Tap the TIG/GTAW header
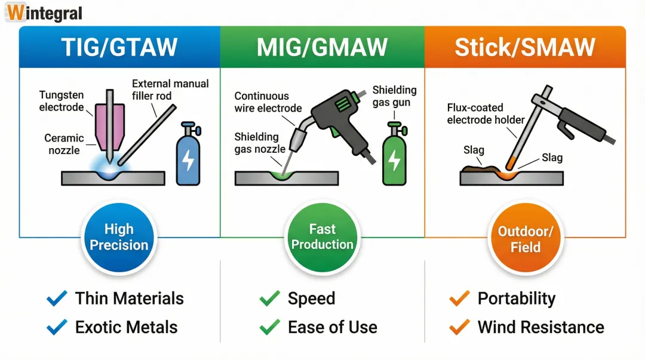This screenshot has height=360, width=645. click(x=119, y=47)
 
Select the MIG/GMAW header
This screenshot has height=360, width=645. click(x=322, y=47)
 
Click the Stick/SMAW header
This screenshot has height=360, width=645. click(x=525, y=47)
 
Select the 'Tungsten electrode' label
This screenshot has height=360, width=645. click(x=62, y=101)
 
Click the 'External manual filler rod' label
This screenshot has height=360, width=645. click(x=170, y=90)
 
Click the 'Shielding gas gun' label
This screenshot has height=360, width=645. click(x=394, y=96)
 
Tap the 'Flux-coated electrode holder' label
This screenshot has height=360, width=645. click(x=486, y=113)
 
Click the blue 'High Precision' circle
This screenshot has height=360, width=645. click(x=119, y=237)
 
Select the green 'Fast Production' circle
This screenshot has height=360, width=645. click(x=322, y=237)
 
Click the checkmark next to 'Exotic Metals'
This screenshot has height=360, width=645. click(x=57, y=327)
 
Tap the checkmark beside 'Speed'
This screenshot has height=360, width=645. click(x=270, y=299)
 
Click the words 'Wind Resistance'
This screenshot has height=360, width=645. click(x=540, y=327)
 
